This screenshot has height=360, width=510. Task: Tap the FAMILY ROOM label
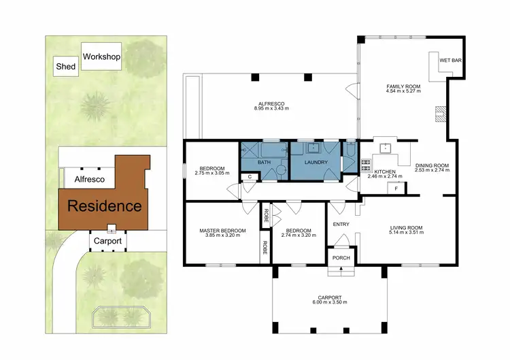(x=404, y=86)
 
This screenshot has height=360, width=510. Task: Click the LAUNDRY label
(x=316, y=163)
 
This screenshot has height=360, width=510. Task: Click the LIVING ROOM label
(x=406, y=227)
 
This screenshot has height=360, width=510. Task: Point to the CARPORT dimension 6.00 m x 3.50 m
(x=330, y=303)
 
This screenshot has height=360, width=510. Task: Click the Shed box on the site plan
(x=65, y=67)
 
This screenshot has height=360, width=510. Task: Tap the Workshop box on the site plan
(x=101, y=57)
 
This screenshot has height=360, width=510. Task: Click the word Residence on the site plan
(x=104, y=206)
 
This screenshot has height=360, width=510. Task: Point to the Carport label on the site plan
(x=107, y=241)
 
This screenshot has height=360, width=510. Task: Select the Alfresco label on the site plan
(x=88, y=179)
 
